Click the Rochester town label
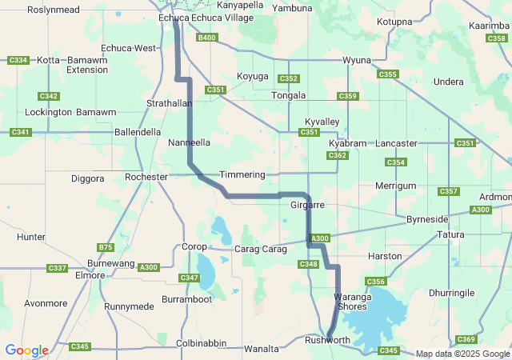click(146, 177)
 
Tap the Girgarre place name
click(306, 206)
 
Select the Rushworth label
click(328, 341)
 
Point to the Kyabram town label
click(347, 143)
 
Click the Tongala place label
click(289, 96)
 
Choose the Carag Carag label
click(260, 250)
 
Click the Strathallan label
click(169, 104)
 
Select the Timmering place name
click(242, 174)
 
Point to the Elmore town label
click(90, 275)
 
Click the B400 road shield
click(206, 38)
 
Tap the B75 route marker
click(105, 247)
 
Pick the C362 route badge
click(337, 155)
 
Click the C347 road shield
click(189, 278)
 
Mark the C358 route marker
click(496, 38)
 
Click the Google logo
click(26, 350)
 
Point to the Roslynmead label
click(53, 10)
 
